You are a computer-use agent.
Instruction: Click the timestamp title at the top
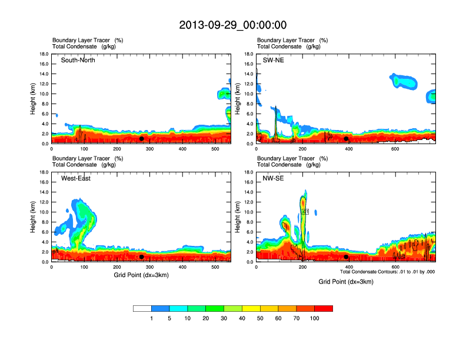tap(233, 25)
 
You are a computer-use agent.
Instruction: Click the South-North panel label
tap(78, 60)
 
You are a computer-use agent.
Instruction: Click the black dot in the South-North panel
tap(142, 139)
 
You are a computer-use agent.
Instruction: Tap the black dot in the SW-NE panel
tap(347, 139)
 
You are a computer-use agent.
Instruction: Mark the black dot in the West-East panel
tap(142, 257)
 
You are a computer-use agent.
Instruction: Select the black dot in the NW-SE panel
tap(347, 257)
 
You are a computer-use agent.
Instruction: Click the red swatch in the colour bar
tap(324, 308)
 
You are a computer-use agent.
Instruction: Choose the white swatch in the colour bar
tap(142, 308)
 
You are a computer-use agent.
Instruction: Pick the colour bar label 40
tap(242, 318)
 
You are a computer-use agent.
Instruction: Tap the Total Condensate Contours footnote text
tap(387, 272)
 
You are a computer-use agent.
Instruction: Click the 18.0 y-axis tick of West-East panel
tap(44, 172)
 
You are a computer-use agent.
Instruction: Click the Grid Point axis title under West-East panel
tap(141, 275)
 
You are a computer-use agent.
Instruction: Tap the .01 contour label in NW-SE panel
tap(305, 211)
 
